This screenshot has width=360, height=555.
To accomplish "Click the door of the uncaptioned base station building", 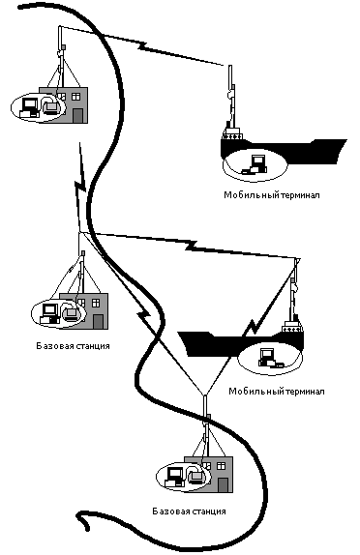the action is pyautogui.click(x=78, y=116).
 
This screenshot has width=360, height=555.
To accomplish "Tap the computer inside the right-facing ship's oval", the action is pyautogui.click(x=255, y=164).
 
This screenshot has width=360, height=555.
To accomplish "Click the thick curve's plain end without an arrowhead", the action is pyautogui.click(x=20, y=7).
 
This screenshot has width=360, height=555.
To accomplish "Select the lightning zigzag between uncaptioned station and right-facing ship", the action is pyautogui.click(x=142, y=46).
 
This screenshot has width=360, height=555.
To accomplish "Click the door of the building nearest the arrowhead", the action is pyautogui.click(x=223, y=484).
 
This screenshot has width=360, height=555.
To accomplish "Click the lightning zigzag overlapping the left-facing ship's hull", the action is pyautogui.click(x=253, y=328).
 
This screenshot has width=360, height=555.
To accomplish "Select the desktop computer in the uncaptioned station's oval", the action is pyautogui.click(x=29, y=107).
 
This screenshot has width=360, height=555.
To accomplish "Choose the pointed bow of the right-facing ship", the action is pyautogui.click(x=343, y=144).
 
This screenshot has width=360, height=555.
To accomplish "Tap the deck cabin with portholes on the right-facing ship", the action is pyautogui.click(x=232, y=134).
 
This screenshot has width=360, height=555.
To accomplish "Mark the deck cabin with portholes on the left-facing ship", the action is pyautogui.click(x=292, y=328).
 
